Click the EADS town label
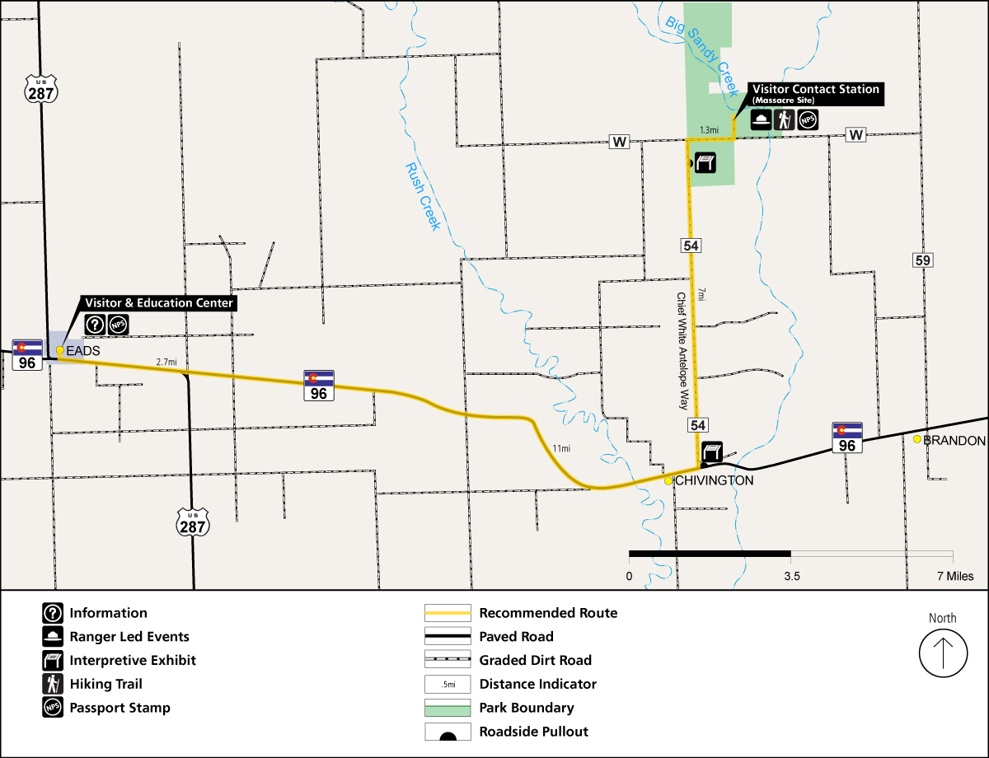(82, 351)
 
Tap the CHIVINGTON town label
(714, 481)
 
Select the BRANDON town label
(954, 441)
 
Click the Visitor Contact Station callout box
(815, 93)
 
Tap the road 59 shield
(923, 260)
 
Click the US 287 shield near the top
(40, 88)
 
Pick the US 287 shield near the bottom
(193, 522)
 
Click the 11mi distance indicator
(561, 448)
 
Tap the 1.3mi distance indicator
(709, 130)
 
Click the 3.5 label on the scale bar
(791, 577)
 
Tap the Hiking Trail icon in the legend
(53, 684)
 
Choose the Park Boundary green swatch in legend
(448, 708)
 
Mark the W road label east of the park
(856, 134)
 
